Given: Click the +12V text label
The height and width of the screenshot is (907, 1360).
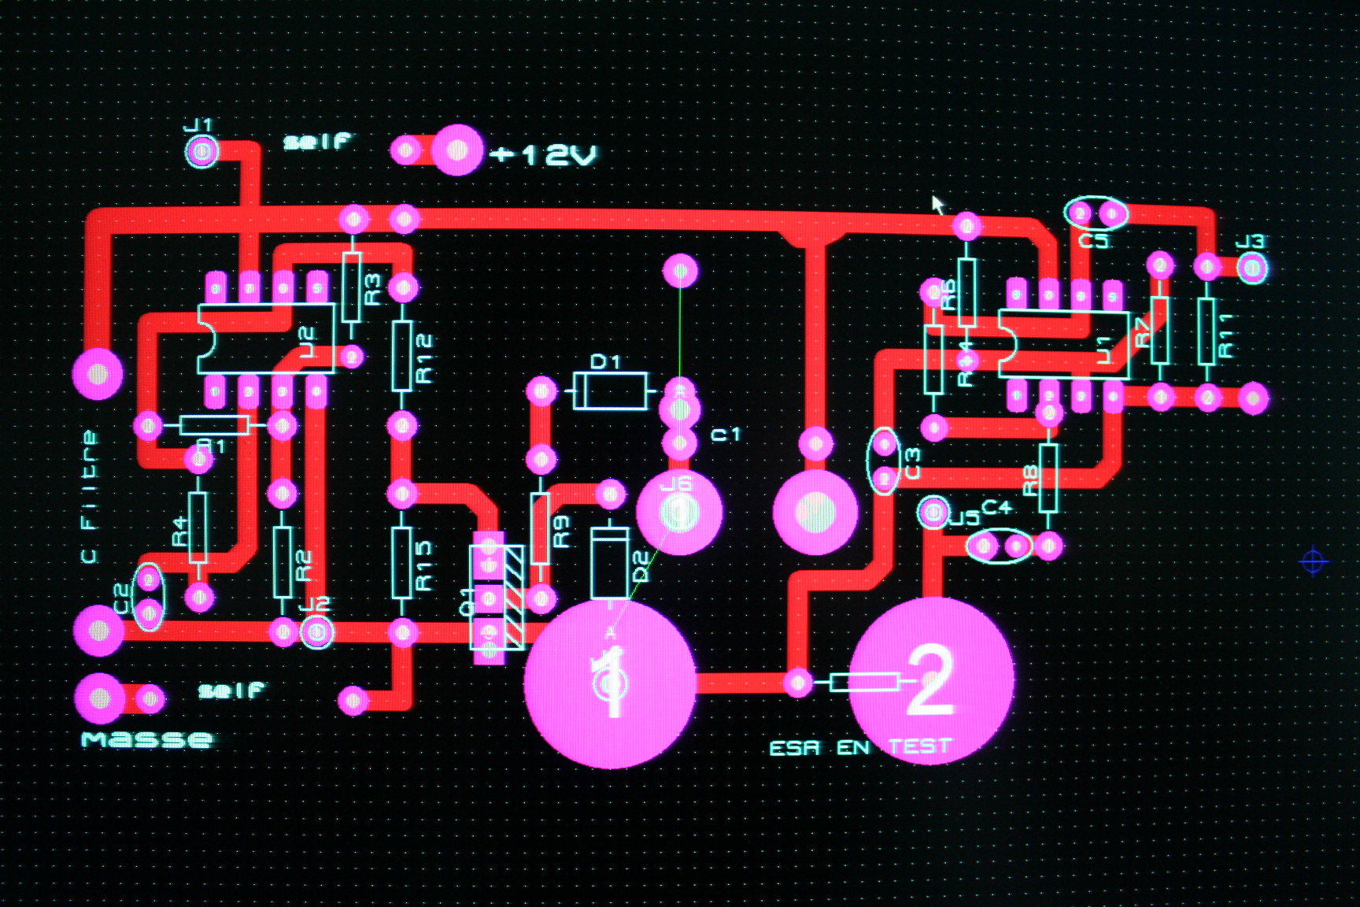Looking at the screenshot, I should pos(543,154).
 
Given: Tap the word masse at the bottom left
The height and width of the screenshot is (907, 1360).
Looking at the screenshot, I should pos(147,739).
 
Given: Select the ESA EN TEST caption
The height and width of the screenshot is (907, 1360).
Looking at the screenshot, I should pos(859,747).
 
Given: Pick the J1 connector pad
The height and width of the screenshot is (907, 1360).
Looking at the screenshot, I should pos(201,151).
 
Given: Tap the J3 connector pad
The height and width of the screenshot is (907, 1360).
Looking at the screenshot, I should pos(1251,269).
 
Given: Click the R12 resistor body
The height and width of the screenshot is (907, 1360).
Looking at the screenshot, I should pos(402,357).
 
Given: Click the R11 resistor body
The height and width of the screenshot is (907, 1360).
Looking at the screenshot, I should pos(1206,331).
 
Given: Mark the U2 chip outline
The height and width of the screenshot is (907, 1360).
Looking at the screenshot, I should pos(266,339).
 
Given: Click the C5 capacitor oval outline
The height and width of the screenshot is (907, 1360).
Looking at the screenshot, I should pos(1095,213).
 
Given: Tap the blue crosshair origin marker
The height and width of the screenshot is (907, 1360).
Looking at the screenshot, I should pos(1312,561).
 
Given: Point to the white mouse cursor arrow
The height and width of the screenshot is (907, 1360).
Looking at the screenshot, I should pos(937,204).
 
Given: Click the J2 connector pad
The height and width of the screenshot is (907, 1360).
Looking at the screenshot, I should pos(316,631).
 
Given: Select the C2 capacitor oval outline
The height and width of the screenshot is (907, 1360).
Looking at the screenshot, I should pos(149,596).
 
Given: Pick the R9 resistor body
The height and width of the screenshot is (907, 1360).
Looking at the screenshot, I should pos(540,528).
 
